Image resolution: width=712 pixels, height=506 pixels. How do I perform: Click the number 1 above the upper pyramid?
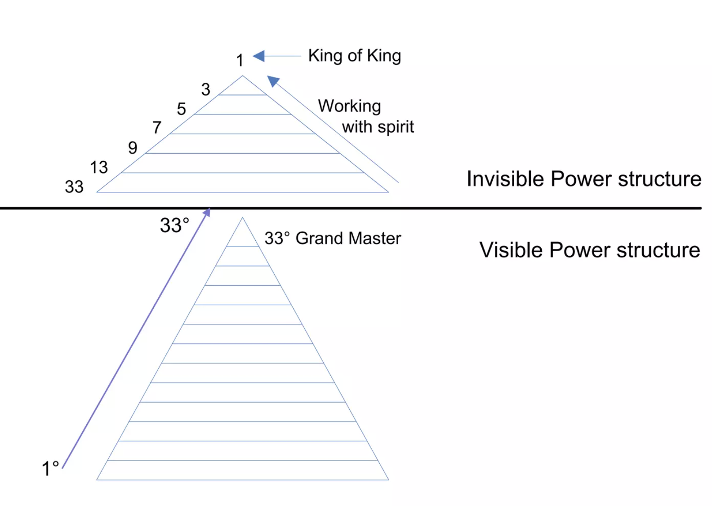pyautogui.click(x=240, y=60)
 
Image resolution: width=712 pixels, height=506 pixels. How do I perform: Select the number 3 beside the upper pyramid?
pyautogui.click(x=206, y=89)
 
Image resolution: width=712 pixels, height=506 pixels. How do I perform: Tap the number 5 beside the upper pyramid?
pyautogui.click(x=181, y=109)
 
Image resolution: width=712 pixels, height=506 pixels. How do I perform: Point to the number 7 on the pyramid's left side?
pyautogui.click(x=157, y=128)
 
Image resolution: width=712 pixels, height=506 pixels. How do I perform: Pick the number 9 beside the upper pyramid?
pyautogui.click(x=133, y=148)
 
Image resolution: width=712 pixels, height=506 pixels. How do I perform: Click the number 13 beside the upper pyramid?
pyautogui.click(x=99, y=168)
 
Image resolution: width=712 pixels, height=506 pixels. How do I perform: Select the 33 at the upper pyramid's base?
pyautogui.click(x=74, y=187)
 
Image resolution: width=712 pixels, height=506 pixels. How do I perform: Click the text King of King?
pyautogui.click(x=354, y=56)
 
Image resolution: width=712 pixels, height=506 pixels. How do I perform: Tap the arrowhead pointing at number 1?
pyautogui.click(x=258, y=56)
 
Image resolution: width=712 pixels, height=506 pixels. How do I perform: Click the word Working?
pyautogui.click(x=349, y=107)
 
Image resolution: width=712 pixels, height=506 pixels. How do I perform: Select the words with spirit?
pyautogui.click(x=378, y=127)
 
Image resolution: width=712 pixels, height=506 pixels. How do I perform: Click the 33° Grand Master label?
pyautogui.click(x=332, y=238)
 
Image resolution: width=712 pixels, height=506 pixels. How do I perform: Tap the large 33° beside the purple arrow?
pyautogui.click(x=174, y=225)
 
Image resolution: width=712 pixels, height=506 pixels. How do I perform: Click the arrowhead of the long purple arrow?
pyautogui.click(x=207, y=212)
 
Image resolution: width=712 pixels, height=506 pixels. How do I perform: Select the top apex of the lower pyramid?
pyautogui.click(x=243, y=218)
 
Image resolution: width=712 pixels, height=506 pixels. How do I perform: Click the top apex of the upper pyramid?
pyautogui.click(x=243, y=76)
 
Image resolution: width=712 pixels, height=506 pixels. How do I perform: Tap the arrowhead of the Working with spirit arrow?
pyautogui.click(x=272, y=80)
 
